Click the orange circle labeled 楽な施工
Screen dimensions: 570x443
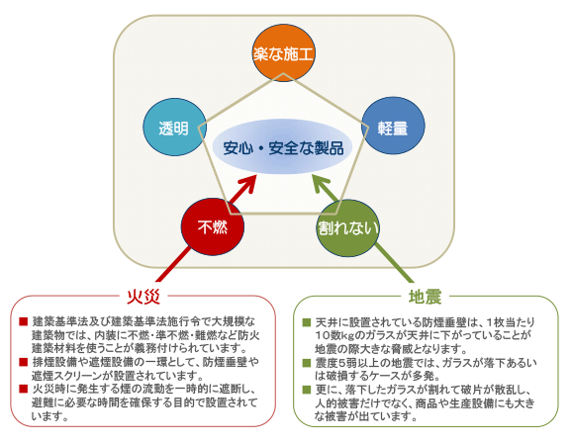(283, 53)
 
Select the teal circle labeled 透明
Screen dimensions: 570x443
(174, 128)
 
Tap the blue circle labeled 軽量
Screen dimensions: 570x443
(393, 126)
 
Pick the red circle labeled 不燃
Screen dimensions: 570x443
(213, 227)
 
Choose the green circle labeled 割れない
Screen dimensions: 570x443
(348, 228)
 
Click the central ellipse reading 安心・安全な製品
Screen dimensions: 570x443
(282, 147)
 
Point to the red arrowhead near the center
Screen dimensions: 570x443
(248, 183)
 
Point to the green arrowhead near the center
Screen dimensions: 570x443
(322, 184)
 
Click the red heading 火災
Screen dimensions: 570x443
(143, 297)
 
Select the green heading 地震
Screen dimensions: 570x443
(425, 297)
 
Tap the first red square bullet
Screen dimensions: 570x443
(24, 321)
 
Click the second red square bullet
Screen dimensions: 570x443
(24, 362)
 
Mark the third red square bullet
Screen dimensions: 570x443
(24, 390)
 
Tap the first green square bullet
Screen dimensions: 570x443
(307, 322)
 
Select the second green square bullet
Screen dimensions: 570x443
(307, 363)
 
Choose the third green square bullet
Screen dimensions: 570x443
(307, 390)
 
